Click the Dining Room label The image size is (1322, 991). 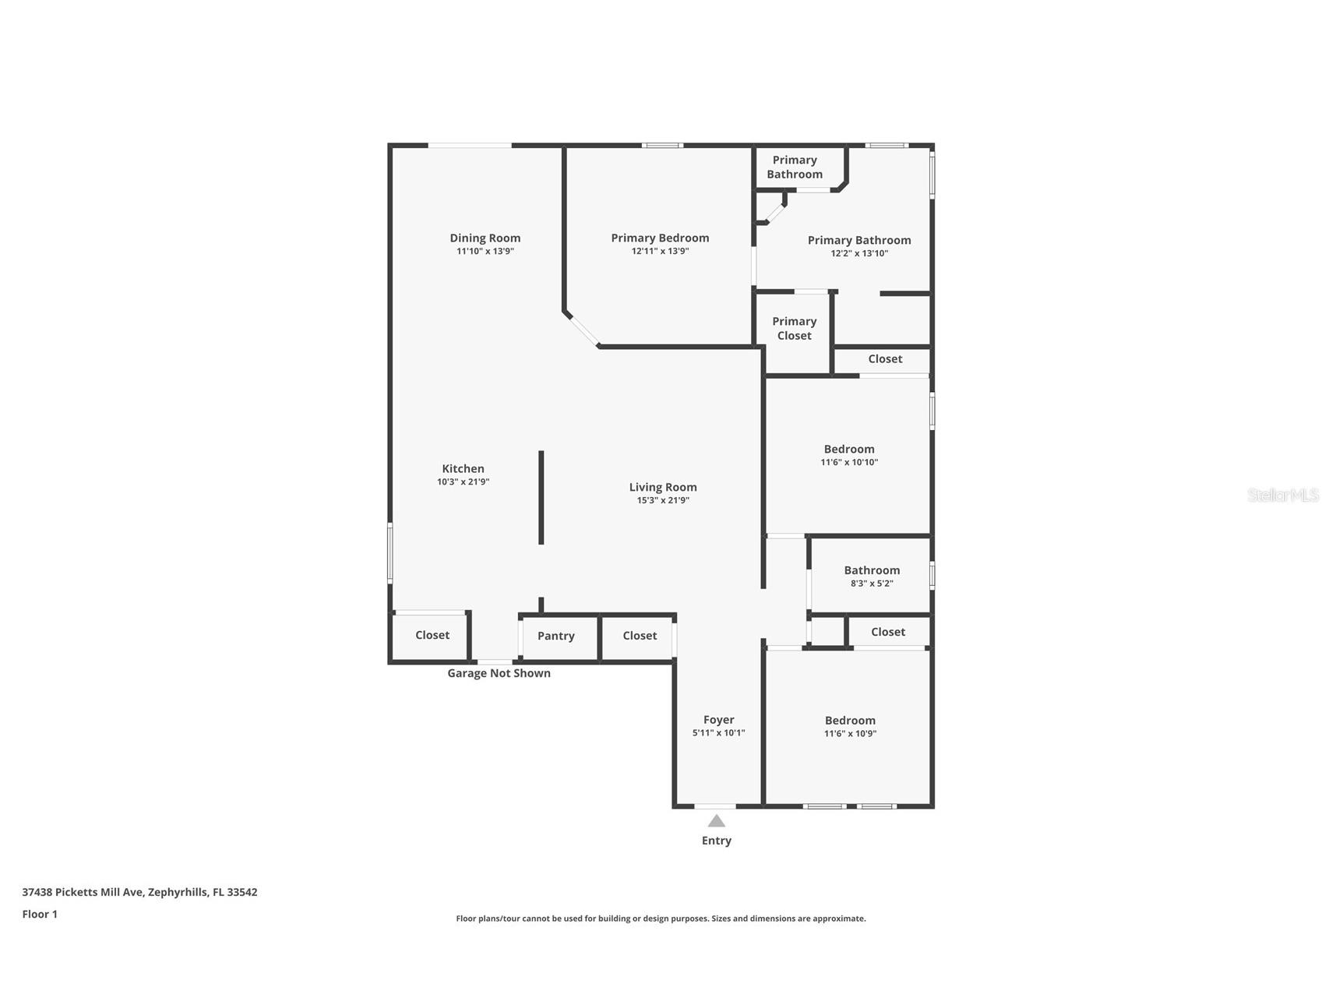485,238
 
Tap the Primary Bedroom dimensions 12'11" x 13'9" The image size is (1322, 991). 660,252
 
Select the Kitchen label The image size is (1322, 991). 463,469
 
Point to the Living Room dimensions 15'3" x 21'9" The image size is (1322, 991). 662,501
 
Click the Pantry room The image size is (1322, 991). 556,637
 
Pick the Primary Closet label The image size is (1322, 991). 794,329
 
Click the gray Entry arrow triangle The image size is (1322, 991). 716,821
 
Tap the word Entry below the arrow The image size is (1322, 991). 716,841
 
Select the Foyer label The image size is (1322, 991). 718,721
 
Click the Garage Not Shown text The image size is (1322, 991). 499,673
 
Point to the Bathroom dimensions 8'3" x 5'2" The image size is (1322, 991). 871,584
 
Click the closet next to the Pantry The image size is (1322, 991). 640,637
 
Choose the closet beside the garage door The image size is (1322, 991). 432,636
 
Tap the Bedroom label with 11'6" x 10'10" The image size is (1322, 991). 848,450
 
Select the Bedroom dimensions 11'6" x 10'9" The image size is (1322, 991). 850,734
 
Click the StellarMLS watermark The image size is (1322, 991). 1282,495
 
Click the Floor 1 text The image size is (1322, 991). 40,915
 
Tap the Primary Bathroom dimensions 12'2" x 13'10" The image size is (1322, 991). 858,254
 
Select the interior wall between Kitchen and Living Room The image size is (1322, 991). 541,497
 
